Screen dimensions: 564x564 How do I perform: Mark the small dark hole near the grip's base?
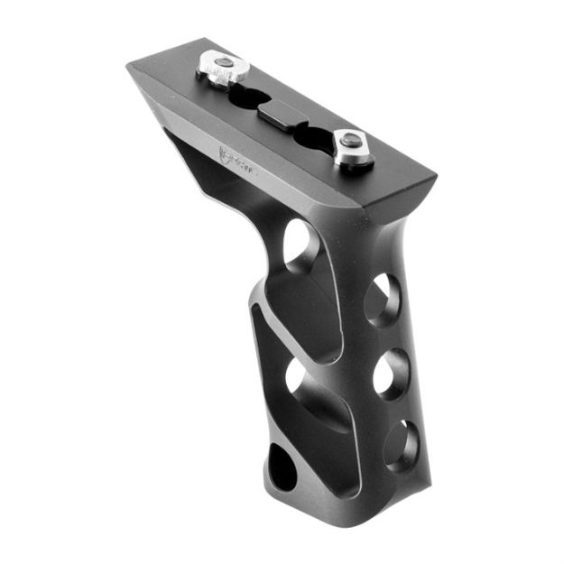(x=282, y=465)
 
